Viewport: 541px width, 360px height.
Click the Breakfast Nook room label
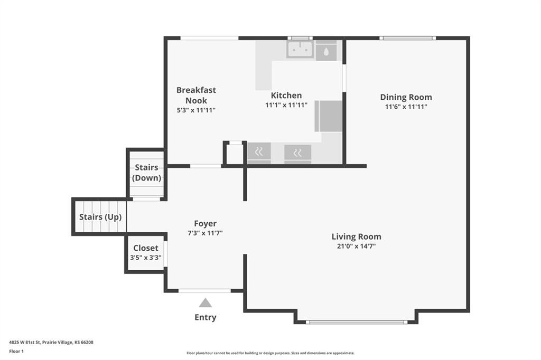click(196, 95)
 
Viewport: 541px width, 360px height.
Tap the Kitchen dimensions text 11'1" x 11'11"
click(286, 105)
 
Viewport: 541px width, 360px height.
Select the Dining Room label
click(406, 97)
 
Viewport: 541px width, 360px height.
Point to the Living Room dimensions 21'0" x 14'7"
click(357, 246)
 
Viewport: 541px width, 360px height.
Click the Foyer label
click(206, 223)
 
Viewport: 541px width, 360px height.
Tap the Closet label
click(146, 248)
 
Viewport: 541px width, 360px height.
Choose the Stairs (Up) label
click(100, 217)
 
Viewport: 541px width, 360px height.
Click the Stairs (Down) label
click(147, 173)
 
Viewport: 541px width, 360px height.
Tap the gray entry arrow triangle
click(206, 303)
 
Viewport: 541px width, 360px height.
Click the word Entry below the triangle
click(206, 317)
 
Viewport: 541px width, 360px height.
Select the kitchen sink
click(300, 49)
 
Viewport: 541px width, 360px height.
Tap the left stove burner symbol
click(259, 151)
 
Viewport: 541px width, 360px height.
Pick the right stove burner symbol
click(297, 152)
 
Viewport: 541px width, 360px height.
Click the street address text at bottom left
click(51, 343)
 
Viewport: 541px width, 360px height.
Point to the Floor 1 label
click(16, 352)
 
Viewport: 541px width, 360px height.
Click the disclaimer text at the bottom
click(270, 353)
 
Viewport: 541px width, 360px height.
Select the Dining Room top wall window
click(407, 38)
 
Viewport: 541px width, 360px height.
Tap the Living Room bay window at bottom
click(357, 322)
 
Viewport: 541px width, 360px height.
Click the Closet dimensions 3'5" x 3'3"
click(146, 258)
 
